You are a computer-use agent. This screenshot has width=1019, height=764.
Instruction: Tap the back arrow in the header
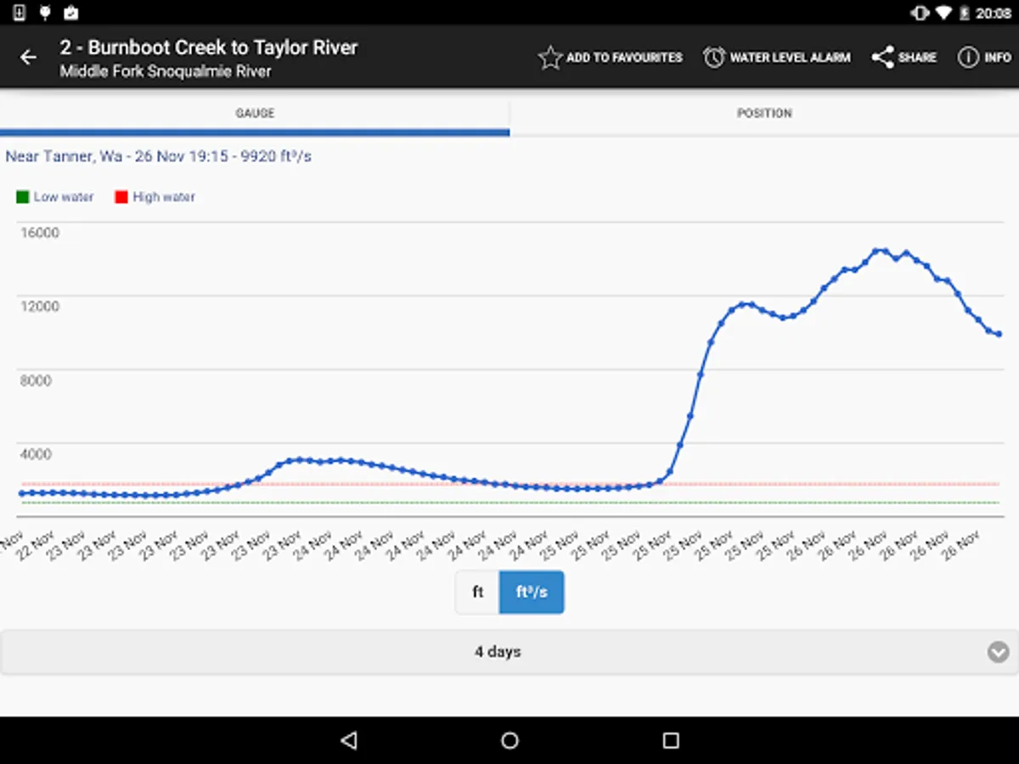tap(29, 58)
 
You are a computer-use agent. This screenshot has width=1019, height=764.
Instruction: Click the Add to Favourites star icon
tap(550, 58)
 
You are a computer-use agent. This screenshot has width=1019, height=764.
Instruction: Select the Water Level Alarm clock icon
tap(714, 58)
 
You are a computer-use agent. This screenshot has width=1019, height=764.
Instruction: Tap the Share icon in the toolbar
tap(883, 58)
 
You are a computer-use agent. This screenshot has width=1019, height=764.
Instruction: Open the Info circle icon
tap(968, 58)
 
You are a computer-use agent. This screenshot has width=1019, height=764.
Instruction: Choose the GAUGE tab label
tap(255, 113)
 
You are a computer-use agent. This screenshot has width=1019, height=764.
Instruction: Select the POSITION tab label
tap(764, 113)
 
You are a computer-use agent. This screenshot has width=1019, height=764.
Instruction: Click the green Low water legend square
tap(23, 197)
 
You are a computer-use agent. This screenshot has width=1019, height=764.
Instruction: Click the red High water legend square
tap(121, 197)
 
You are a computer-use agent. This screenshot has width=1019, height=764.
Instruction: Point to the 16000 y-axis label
tap(40, 233)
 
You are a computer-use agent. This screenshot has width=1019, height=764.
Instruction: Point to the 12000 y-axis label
tap(40, 306)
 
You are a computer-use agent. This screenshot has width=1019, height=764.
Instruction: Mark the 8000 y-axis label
tap(36, 380)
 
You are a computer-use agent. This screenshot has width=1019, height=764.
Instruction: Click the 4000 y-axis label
tap(36, 454)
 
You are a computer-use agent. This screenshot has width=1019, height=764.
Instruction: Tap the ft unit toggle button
tap(477, 593)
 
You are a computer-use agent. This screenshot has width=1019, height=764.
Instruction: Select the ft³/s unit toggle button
tap(532, 593)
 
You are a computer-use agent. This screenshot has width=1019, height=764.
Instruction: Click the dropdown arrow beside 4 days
tap(998, 652)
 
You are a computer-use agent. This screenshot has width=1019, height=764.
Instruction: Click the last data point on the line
tap(999, 334)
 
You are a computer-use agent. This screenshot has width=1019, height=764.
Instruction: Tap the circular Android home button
tap(509, 740)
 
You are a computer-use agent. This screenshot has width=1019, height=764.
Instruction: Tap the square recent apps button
tap(671, 740)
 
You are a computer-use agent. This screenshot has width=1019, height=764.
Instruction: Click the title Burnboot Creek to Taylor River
tap(209, 48)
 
